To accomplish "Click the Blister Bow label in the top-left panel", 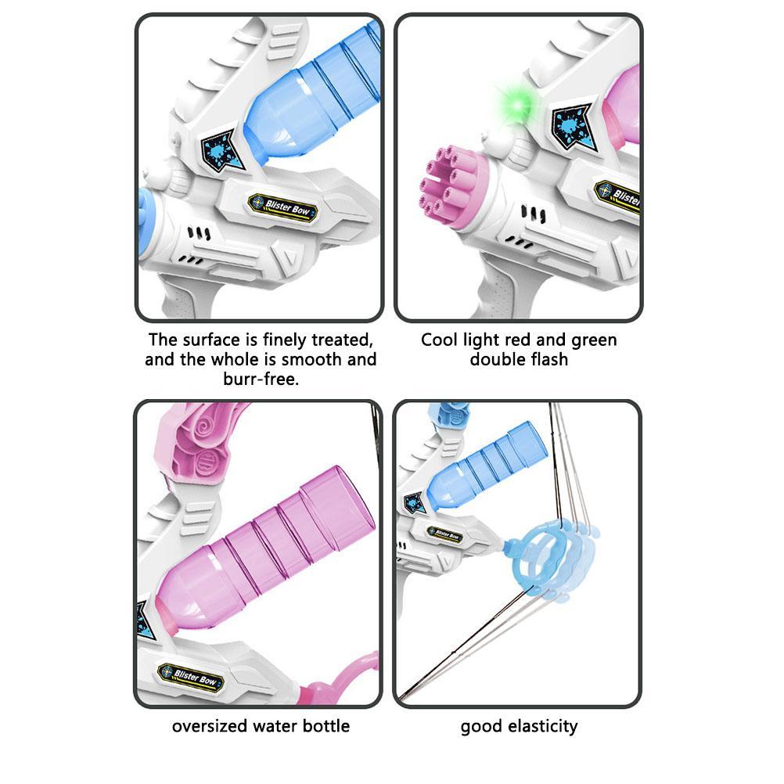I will pos(283,205).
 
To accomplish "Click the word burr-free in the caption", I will pos(261,379).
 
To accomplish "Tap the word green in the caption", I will pos(593,340).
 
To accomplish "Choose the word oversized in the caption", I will pos(210,726).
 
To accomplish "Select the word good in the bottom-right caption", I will pos(480,727).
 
